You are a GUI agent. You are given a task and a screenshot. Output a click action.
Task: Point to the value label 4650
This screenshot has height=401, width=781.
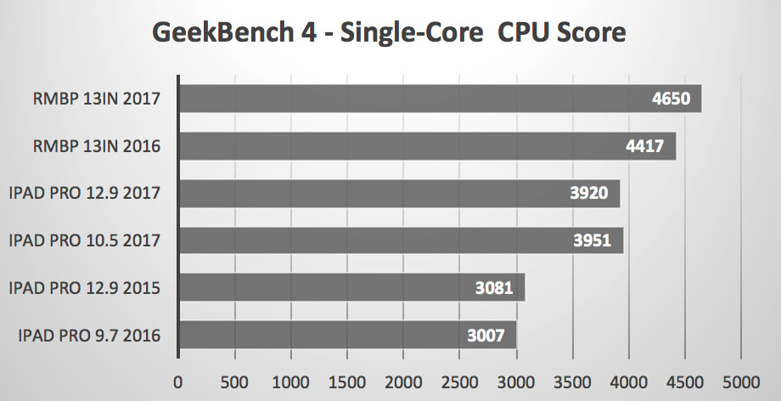[675, 99]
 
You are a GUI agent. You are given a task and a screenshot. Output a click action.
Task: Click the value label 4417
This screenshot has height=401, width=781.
[649, 146]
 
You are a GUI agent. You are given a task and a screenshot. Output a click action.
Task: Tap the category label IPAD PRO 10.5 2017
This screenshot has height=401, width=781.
[84, 241]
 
